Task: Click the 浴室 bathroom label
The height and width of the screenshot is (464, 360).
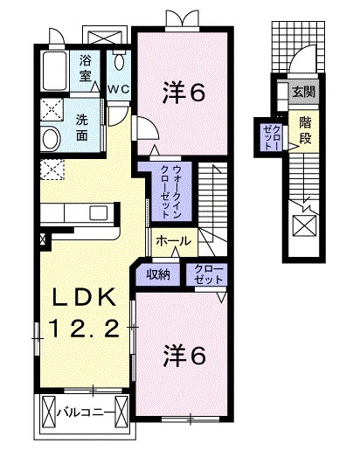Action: pyautogui.click(x=86, y=68)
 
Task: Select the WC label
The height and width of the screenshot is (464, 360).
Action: pyautogui.click(x=119, y=89)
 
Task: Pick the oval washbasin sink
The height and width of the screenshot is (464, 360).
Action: pyautogui.click(x=52, y=138)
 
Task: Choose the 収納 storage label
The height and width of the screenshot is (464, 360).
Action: pyautogui.click(x=157, y=274)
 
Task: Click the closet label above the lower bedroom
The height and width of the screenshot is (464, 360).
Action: pyautogui.click(x=206, y=274)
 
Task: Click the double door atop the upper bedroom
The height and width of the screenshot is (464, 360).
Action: pyautogui.click(x=183, y=17)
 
